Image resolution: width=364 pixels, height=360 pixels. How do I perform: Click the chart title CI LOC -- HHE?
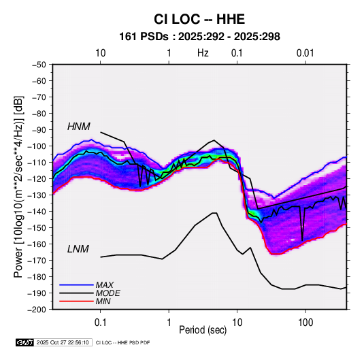coord(199,19)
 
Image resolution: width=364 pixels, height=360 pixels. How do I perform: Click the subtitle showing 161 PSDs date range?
coord(199,37)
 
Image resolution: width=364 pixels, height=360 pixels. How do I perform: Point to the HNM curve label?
coord(79,127)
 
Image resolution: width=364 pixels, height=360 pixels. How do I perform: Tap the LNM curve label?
coord(78,249)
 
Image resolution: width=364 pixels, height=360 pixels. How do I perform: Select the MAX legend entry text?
coord(105,284)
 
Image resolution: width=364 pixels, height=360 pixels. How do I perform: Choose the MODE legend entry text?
coord(107,293)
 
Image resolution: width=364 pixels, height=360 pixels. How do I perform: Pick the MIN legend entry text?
coord(103,301)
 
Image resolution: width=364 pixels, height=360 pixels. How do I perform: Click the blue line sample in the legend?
coord(76,284)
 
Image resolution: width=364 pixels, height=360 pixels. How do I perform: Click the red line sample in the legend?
coord(76,301)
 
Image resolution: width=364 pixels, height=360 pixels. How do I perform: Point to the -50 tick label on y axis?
coord(39,65)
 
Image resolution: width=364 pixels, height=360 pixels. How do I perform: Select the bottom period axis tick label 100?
coord(305,323)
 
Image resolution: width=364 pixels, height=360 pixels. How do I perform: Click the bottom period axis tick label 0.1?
coord(100,323)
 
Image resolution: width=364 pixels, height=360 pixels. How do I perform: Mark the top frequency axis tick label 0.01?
coord(305,53)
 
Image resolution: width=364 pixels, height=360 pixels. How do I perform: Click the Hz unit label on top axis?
coord(203,53)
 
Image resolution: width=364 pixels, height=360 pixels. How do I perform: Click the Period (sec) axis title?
coord(203,330)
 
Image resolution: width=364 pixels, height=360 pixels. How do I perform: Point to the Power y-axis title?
coord(18,186)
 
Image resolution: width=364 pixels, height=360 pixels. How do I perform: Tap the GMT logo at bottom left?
coord(25,342)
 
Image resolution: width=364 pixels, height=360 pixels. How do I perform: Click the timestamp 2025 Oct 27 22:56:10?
coord(63,342)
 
